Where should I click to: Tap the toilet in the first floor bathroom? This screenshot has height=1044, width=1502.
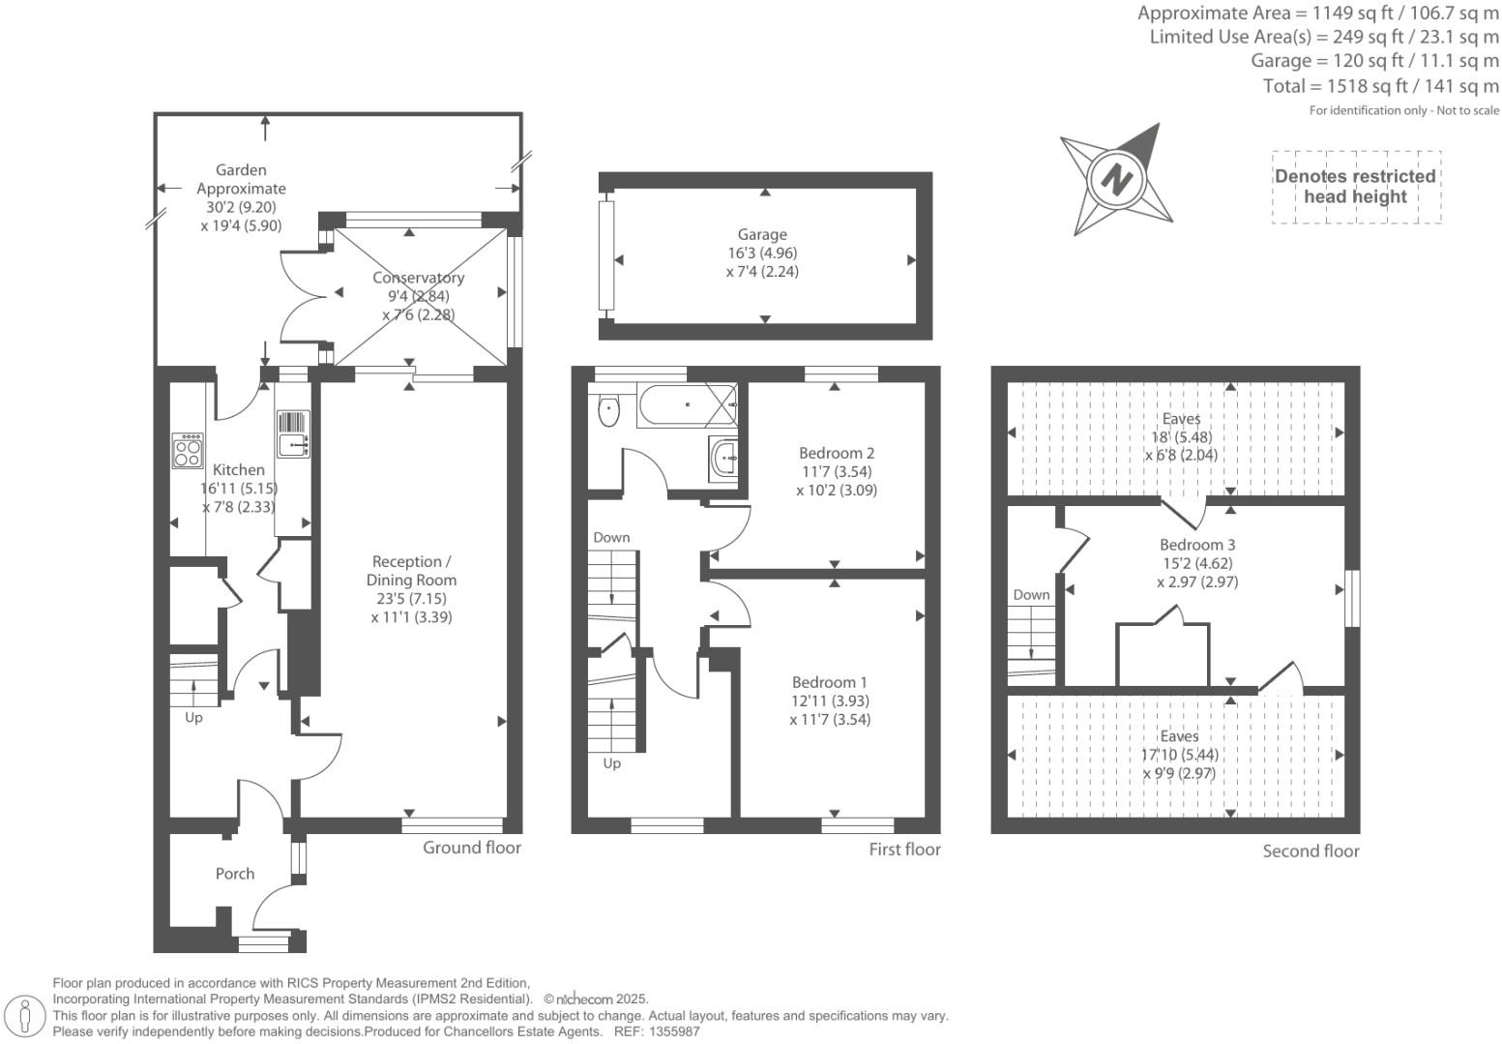click(x=607, y=409)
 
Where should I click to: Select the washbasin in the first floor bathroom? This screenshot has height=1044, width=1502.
click(x=723, y=458)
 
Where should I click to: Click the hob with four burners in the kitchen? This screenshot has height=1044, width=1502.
click(x=188, y=450)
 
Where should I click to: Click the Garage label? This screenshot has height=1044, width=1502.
click(x=762, y=234)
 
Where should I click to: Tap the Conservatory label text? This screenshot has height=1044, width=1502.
click(x=418, y=278)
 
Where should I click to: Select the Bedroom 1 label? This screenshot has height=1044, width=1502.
click(x=829, y=682)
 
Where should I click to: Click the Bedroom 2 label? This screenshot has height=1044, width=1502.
click(x=837, y=453)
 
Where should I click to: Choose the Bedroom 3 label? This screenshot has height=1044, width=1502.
click(x=1197, y=545)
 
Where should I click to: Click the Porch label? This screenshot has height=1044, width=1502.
click(x=235, y=874)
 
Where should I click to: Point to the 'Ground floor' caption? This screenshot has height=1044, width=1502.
click(x=472, y=848)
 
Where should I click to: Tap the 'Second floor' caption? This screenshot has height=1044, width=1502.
click(x=1311, y=851)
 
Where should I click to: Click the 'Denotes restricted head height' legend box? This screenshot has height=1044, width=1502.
click(x=1355, y=187)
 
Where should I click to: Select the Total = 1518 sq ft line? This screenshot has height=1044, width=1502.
click(x=1380, y=86)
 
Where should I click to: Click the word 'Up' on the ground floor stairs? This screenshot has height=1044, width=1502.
click(x=193, y=718)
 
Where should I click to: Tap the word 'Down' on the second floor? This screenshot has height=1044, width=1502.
click(x=1031, y=595)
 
